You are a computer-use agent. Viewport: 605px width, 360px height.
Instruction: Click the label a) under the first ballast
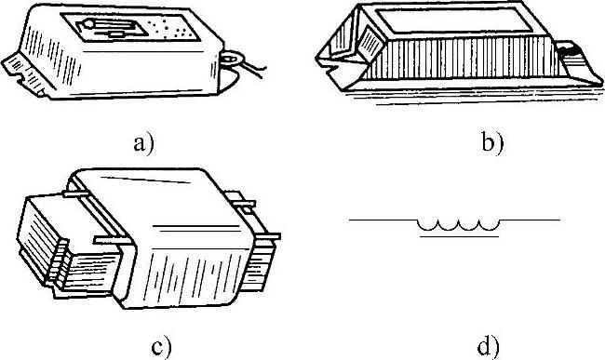143,144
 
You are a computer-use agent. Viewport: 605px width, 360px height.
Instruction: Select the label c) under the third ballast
160,348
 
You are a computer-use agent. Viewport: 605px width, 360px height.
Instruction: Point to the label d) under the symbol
488,346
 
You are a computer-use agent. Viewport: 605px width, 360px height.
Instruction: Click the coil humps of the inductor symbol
459,225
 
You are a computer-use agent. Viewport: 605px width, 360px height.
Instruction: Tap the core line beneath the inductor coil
459,236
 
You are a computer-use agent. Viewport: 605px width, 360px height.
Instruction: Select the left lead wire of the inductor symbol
383,220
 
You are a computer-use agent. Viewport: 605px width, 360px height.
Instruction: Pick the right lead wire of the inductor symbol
531,220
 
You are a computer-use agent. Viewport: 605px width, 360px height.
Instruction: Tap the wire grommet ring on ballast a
231,59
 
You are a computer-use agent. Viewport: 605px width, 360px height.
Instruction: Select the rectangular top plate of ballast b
454,20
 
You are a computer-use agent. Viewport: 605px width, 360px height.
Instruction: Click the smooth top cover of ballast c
162,208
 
